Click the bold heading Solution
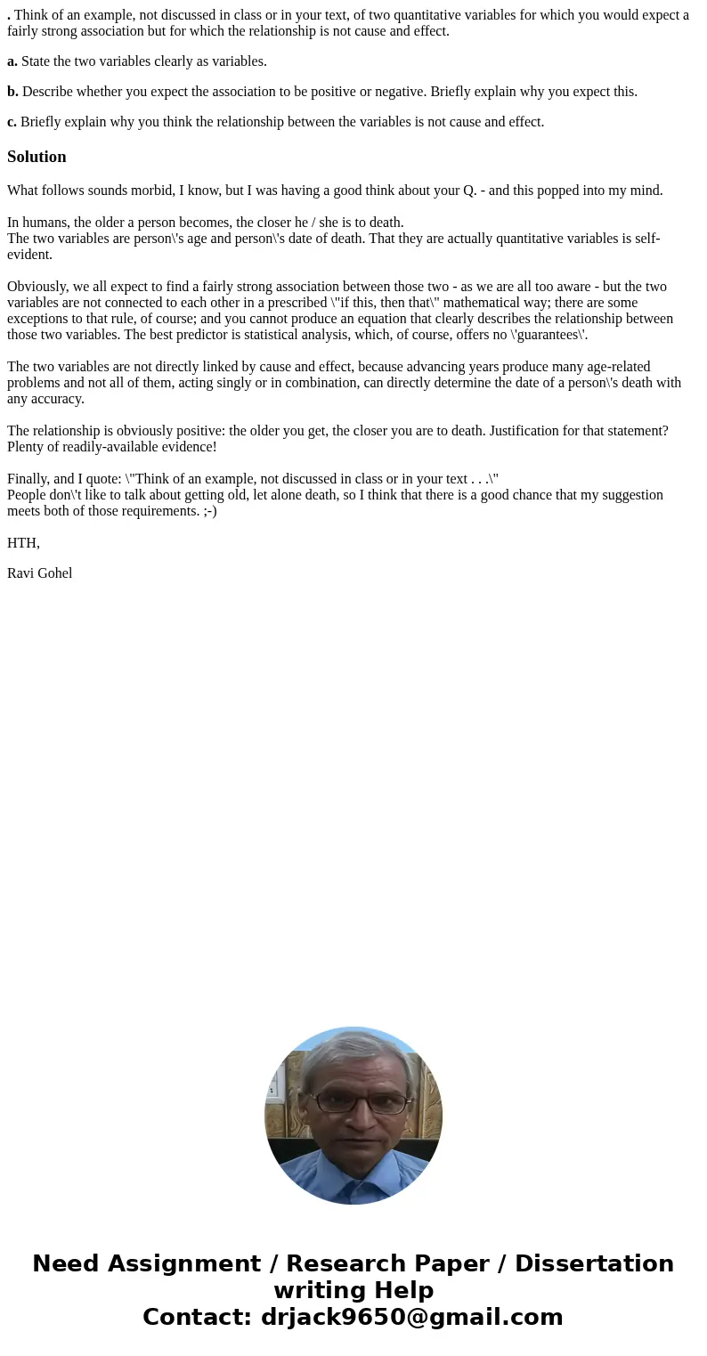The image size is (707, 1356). tap(37, 157)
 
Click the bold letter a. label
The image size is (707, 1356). tap(12, 61)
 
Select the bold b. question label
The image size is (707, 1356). tap(12, 92)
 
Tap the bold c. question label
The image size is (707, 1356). tap(12, 122)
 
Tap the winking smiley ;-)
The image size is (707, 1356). tap(207, 511)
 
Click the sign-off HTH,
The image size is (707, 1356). tap(23, 543)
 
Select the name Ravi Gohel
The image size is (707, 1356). tap(40, 573)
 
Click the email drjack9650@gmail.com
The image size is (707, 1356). tap(412, 1318)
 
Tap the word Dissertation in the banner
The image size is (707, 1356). tap(594, 1264)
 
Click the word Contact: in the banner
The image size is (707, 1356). tap(198, 1318)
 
